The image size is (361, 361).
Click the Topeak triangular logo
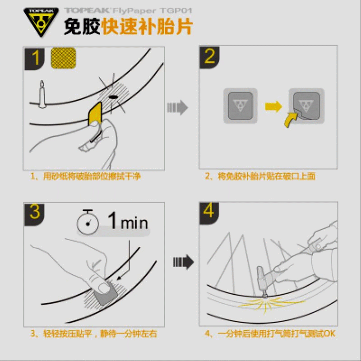click(x=41, y=22)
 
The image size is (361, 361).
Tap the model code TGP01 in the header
click(x=176, y=10)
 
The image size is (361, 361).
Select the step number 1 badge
click(x=35, y=59)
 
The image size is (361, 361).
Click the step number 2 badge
click(x=209, y=57)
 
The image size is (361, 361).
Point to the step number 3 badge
click(x=35, y=214)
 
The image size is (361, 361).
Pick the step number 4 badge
click(x=209, y=213)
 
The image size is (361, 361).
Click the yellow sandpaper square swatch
click(x=63, y=58)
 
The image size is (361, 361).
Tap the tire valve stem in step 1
click(x=42, y=94)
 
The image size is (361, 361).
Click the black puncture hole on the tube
click(x=113, y=97)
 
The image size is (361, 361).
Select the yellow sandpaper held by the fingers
click(x=95, y=114)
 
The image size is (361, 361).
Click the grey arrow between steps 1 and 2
click(x=177, y=107)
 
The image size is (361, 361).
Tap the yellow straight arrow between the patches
click(x=273, y=106)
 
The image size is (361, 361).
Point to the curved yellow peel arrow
click(x=290, y=119)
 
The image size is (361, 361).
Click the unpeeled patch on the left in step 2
click(x=241, y=106)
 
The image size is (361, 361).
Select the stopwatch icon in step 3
click(x=88, y=222)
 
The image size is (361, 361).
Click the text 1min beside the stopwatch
click(x=128, y=221)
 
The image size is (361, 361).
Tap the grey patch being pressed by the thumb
click(x=106, y=294)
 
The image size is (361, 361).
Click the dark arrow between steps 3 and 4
click(x=184, y=262)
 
